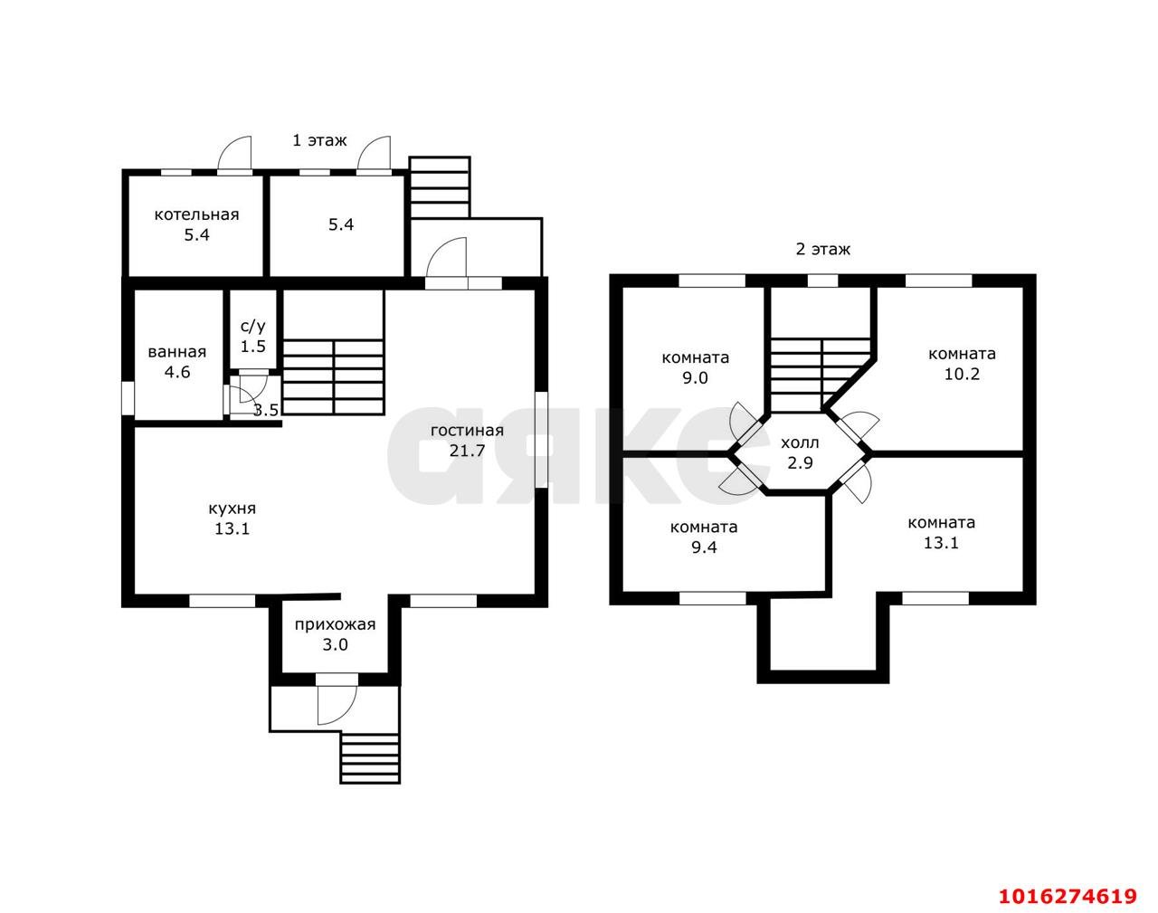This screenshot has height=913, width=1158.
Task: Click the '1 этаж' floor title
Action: point(319,140)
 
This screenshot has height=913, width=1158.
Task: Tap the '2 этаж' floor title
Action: point(822,250)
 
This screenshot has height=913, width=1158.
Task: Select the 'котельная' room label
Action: point(196,214)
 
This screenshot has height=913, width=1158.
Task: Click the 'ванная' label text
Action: point(177,352)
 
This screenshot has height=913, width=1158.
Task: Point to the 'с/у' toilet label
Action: point(253,327)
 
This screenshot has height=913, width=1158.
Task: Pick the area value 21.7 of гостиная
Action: point(467,451)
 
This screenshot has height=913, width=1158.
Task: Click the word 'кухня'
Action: point(232,509)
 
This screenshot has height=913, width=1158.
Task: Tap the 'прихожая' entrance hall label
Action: point(335,625)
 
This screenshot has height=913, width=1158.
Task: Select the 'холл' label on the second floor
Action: point(800,443)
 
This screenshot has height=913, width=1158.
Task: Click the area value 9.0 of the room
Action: point(695,378)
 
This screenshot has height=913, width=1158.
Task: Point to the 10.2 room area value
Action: point(962,374)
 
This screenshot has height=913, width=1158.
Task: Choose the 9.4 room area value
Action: point(704,547)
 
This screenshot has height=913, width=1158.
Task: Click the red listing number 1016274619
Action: point(1068,897)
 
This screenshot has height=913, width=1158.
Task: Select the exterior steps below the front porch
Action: point(370,758)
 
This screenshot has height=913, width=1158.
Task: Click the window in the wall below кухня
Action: point(222,601)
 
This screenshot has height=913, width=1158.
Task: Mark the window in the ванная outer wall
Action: point(128,398)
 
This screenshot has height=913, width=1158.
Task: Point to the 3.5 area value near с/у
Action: point(266,410)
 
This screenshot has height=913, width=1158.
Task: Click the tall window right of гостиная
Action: point(541,440)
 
